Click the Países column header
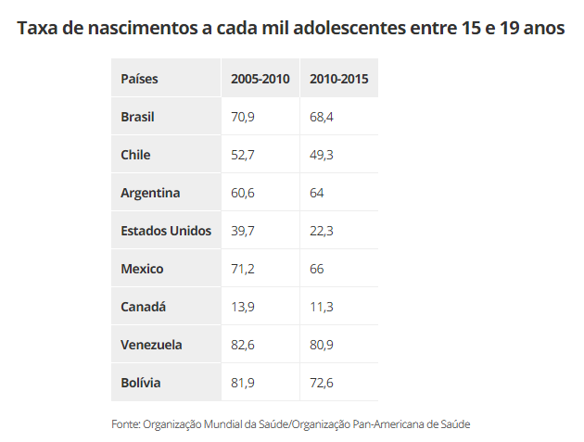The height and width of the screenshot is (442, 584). (x=139, y=79)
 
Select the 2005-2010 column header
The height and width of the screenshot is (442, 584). (x=260, y=79)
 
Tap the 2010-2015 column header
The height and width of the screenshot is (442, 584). (x=339, y=79)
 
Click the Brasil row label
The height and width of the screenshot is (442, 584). (x=137, y=117)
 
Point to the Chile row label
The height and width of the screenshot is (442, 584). (x=135, y=155)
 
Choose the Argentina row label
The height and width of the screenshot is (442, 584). (x=150, y=193)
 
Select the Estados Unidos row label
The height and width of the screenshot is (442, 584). (x=166, y=231)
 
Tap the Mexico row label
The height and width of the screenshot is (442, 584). (x=142, y=269)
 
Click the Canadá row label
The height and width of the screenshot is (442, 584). (x=143, y=307)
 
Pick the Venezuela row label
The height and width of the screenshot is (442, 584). (x=151, y=345)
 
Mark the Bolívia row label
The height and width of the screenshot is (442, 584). (x=140, y=383)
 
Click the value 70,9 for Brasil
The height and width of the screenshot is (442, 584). (x=243, y=117)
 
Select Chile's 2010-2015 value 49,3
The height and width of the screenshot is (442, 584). (x=322, y=155)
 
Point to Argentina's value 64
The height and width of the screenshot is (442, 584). (x=317, y=193)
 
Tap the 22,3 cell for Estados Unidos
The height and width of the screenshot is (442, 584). (x=322, y=231)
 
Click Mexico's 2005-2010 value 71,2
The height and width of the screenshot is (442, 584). (x=243, y=269)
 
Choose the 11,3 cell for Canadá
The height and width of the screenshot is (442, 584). (x=322, y=307)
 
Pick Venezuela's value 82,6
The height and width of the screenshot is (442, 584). (x=243, y=345)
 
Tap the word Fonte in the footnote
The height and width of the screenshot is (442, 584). (x=125, y=423)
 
